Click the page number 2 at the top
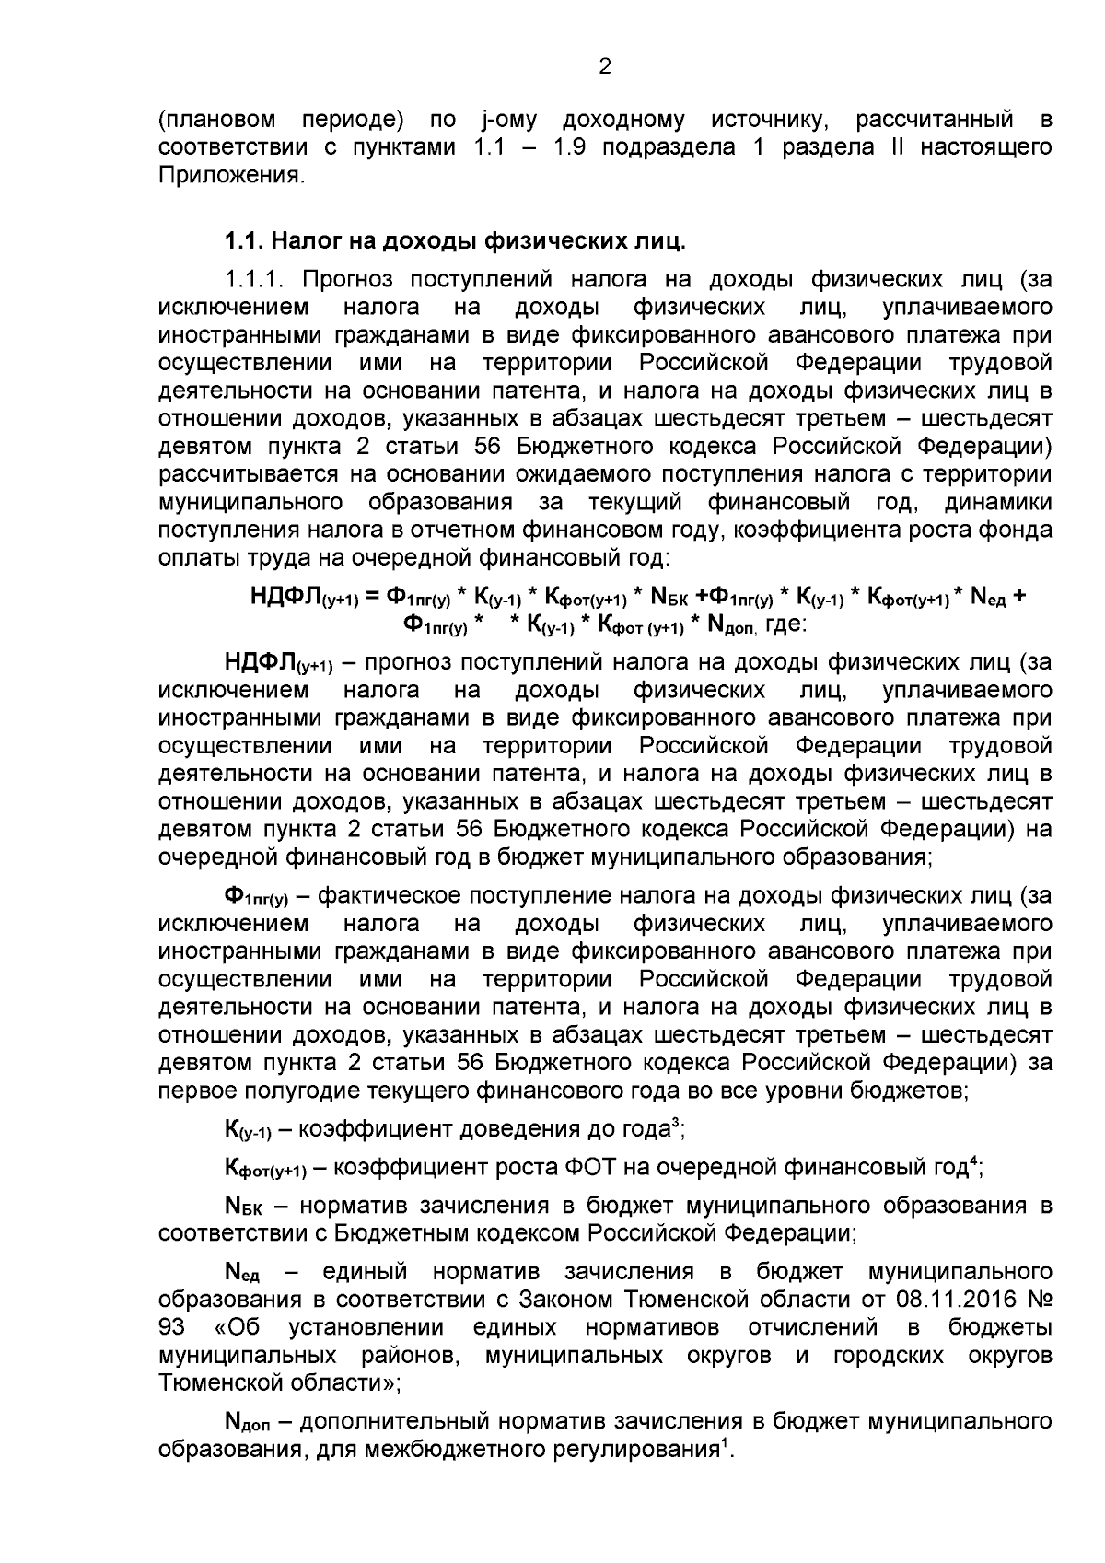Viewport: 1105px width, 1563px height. pyautogui.click(x=604, y=66)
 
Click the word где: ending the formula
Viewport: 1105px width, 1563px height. pyautogui.click(x=786, y=625)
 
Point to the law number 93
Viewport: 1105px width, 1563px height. pyautogui.click(x=172, y=1327)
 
